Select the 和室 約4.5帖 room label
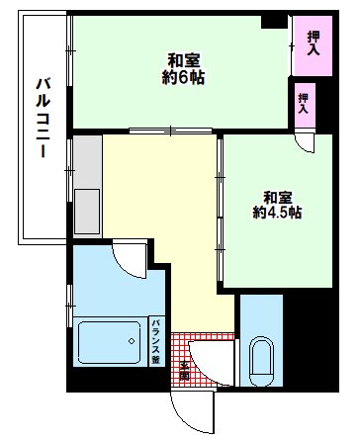[276, 204]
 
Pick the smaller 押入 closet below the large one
[305, 102]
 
